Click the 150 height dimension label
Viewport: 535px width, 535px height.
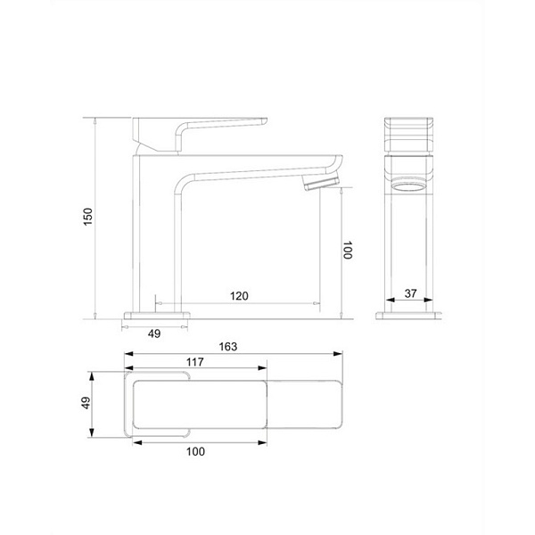(x=88, y=217)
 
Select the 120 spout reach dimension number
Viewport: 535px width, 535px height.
(x=239, y=296)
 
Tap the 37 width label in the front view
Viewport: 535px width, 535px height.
(x=410, y=293)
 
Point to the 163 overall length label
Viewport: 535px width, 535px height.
(x=228, y=347)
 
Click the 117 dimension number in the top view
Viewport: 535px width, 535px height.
(x=194, y=362)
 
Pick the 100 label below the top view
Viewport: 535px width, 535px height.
(x=195, y=451)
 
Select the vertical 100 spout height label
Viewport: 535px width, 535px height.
(x=348, y=250)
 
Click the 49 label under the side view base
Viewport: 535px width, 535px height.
(x=154, y=333)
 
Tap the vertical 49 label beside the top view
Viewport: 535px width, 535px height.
(x=86, y=403)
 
